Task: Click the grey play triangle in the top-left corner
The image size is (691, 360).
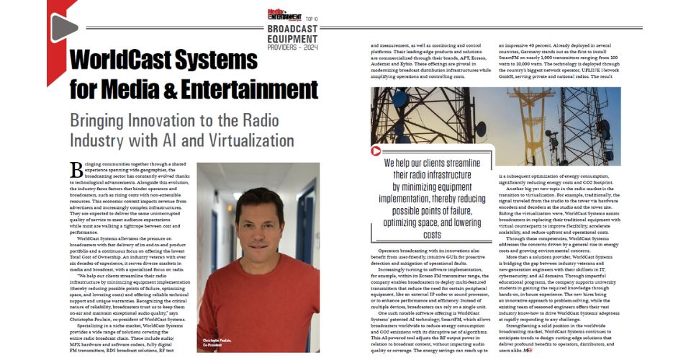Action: pos(63,27)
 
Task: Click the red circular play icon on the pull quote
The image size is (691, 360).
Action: pos(375,152)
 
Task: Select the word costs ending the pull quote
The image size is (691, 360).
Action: pos(432,235)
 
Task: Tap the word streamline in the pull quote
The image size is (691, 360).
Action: pos(459,163)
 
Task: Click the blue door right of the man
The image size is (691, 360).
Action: pos(307,238)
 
